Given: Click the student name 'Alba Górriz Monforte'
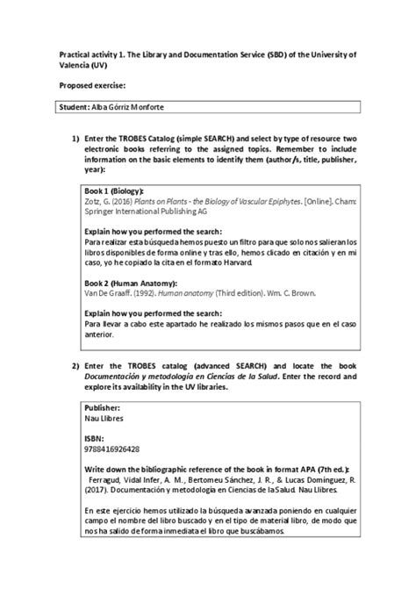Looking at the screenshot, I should [140, 107].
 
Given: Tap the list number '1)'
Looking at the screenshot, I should [76, 140].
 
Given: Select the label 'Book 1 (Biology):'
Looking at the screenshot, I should [114, 190].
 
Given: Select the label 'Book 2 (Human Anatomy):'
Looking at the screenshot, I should [130, 284].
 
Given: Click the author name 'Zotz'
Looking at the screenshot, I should [92, 201].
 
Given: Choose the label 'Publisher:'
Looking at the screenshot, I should [102, 408].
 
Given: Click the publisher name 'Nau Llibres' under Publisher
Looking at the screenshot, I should [104, 420].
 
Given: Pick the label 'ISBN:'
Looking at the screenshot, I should [94, 436].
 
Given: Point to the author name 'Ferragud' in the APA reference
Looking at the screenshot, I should [109, 482].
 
